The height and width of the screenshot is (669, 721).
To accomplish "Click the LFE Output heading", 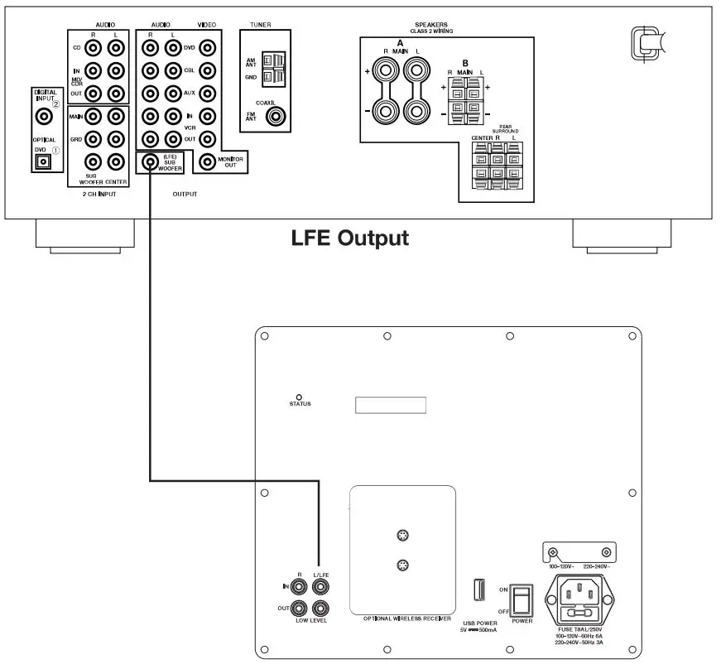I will click(x=350, y=238).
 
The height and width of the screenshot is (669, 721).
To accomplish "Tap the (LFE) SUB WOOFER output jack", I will click(x=150, y=161).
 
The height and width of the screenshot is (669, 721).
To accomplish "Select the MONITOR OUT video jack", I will click(x=204, y=161).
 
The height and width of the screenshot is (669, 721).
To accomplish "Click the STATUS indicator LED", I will click(x=300, y=397).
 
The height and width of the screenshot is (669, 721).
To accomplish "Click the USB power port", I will click(x=478, y=590).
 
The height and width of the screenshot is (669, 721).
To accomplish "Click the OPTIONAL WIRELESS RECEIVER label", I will click(x=407, y=618).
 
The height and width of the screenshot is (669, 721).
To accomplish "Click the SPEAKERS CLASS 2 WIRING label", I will click(x=430, y=27).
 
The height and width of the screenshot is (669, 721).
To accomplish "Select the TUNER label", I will click(x=260, y=26).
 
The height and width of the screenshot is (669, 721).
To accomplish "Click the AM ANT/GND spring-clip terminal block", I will click(x=272, y=70).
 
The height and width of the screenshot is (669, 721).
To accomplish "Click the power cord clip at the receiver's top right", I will click(x=646, y=41).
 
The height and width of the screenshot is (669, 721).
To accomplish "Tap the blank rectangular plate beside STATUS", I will click(x=391, y=406).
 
